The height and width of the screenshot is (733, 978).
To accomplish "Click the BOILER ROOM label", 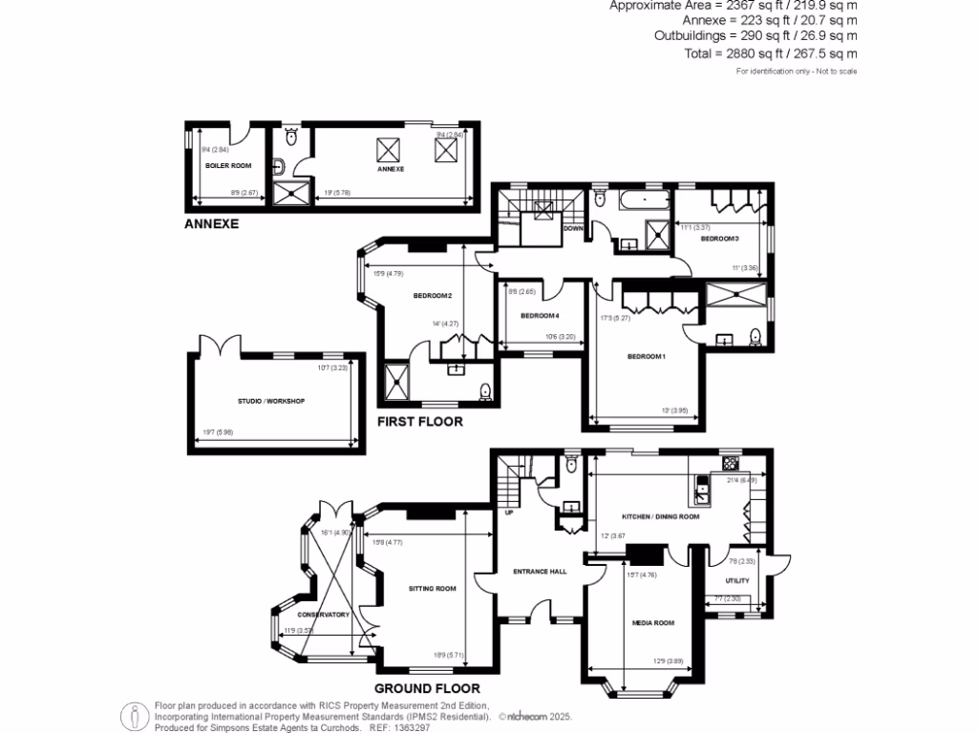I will pos(228,166).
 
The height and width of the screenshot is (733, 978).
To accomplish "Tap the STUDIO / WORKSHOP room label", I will pos(271,401).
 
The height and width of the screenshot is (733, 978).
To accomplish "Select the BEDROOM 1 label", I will pos(646,357).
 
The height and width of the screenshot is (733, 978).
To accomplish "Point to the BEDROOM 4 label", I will pos(540,316).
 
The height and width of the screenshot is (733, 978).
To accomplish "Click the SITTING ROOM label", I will pos(433,589).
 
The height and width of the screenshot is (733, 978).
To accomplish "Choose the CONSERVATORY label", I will pos(323,615).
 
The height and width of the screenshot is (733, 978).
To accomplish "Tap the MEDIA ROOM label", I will pos(653,623).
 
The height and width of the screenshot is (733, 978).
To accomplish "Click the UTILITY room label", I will pos(737,581).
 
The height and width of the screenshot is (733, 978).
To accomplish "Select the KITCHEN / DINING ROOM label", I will pos(661,516).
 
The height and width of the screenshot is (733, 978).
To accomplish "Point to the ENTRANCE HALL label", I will pos(540,572).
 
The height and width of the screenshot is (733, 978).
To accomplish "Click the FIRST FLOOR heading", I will pos(419,422).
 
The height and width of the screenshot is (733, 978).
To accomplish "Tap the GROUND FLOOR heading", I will pos(427,688).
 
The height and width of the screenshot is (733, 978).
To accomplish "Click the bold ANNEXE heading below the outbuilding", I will pos(211,225).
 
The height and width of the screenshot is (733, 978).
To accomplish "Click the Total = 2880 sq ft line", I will pos(771,54).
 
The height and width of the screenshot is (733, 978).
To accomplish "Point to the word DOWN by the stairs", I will pos(573,229).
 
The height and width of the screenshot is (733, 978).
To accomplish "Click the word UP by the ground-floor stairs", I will pos(510,513).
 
